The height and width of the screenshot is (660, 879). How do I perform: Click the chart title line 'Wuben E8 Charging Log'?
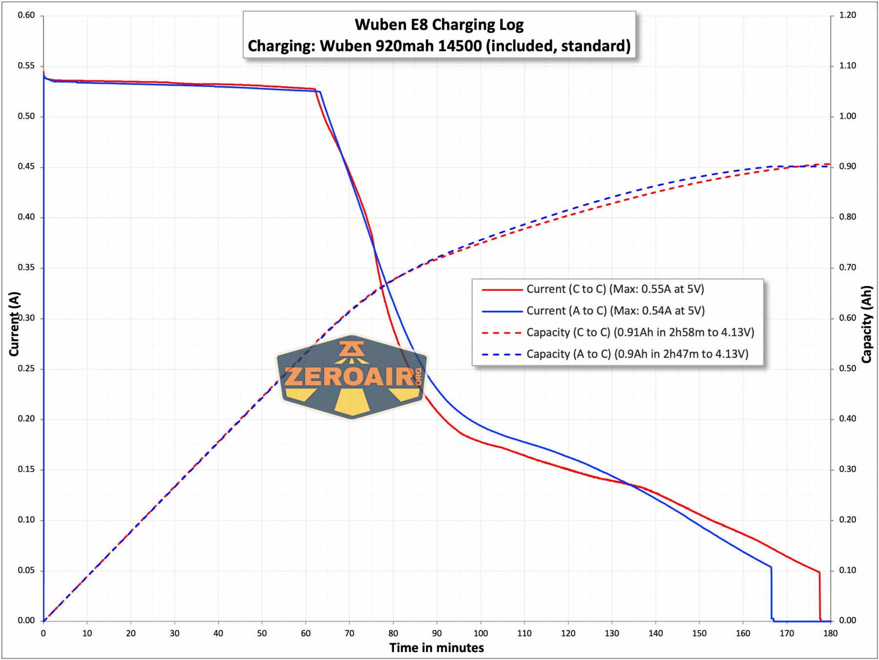click(x=439, y=24)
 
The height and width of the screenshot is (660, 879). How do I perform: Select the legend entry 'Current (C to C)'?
click(x=615, y=289)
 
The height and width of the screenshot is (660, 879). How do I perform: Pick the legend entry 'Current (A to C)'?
click(x=615, y=310)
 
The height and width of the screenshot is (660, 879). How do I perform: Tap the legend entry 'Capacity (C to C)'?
click(x=640, y=332)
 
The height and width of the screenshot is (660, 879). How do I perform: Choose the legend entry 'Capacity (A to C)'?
click(x=637, y=354)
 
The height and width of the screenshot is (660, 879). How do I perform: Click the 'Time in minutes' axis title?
click(x=437, y=648)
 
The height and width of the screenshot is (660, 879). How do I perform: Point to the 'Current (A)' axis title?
click(x=14, y=324)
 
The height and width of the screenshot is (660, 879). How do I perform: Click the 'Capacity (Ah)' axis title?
click(x=867, y=324)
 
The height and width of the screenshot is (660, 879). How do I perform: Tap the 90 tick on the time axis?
click(x=437, y=633)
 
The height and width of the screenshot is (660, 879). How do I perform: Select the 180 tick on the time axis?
click(x=830, y=633)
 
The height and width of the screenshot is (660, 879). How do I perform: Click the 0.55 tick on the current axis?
click(x=26, y=66)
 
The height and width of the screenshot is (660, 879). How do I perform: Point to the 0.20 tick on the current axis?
click(x=26, y=419)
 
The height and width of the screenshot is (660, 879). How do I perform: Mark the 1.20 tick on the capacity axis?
click(x=848, y=15)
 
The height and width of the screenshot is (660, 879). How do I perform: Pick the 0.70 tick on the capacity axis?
click(x=848, y=268)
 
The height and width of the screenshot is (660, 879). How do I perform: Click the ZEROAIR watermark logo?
click(x=352, y=376)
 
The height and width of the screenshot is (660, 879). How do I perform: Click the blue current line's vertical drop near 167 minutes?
click(x=772, y=593)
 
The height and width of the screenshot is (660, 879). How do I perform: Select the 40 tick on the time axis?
click(x=218, y=633)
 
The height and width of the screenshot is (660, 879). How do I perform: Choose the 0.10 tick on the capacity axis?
click(x=848, y=570)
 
